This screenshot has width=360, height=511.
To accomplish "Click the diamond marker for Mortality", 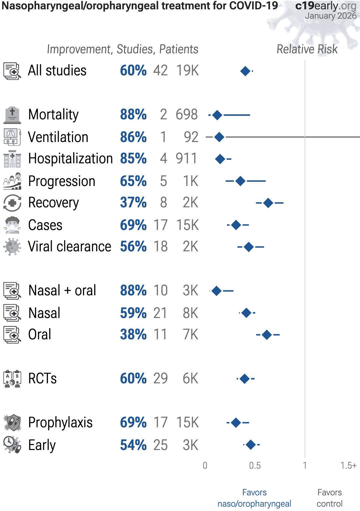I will pyautogui.click(x=217, y=115).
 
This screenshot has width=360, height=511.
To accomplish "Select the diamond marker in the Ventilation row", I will pyautogui.click(x=219, y=137).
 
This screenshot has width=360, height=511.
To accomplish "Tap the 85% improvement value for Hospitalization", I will pyautogui.click(x=133, y=159).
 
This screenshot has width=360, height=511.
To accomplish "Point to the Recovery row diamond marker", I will pyautogui.click(x=268, y=203).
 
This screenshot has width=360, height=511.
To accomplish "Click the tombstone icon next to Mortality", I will pyautogui.click(x=12, y=115).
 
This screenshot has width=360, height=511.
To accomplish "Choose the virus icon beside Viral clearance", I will pyautogui.click(x=12, y=247).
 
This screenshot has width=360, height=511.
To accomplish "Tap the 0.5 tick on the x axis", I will pyautogui.click(x=255, y=465).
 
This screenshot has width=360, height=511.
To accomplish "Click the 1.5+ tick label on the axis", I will pyautogui.click(x=348, y=465).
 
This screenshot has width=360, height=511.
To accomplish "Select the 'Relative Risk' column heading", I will pyautogui.click(x=307, y=49).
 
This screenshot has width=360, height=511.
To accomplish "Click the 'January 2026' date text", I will pyautogui.click(x=331, y=16).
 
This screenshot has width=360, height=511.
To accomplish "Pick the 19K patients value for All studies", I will pyautogui.click(x=187, y=71).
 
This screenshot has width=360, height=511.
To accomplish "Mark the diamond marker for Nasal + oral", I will pyautogui.click(x=217, y=291).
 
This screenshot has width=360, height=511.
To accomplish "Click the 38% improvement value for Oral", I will pyautogui.click(x=133, y=334).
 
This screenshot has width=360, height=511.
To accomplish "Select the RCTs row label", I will pyautogui.click(x=42, y=379).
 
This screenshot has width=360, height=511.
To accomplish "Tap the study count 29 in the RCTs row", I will pyautogui.click(x=160, y=379).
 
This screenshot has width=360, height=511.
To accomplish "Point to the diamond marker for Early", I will pyautogui.click(x=251, y=445).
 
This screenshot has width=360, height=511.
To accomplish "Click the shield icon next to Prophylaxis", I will pyautogui.click(x=12, y=423).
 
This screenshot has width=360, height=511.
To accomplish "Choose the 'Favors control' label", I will pyautogui.click(x=329, y=498).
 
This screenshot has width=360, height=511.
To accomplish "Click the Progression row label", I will pyautogui.click(x=62, y=181).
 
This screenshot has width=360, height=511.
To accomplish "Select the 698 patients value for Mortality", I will pyautogui.click(x=187, y=115).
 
